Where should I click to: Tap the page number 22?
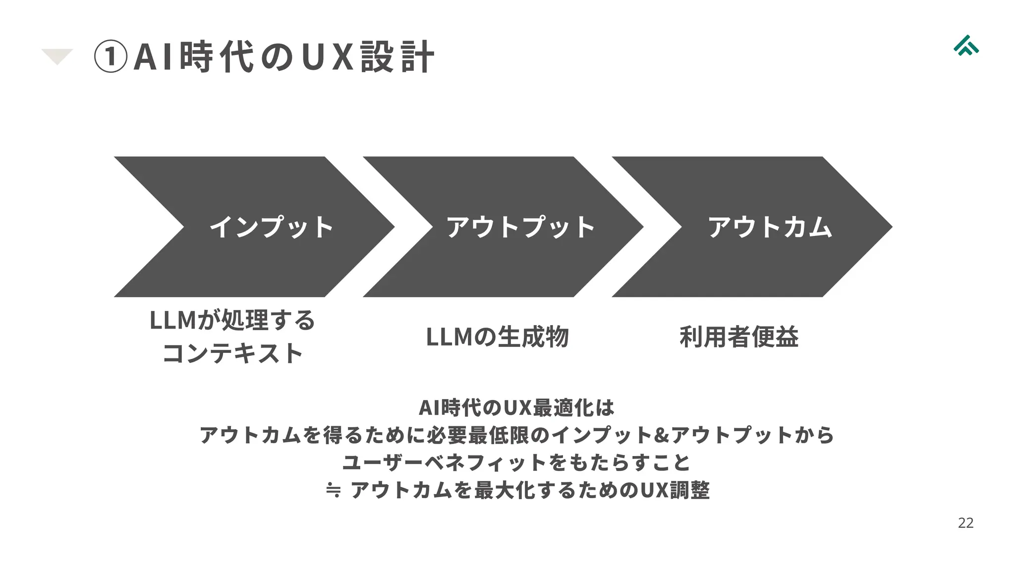pyautogui.click(x=965, y=523)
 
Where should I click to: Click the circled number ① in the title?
pyautogui.click(x=110, y=57)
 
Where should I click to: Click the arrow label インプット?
pyautogui.click(x=271, y=227)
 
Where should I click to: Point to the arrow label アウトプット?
pyautogui.click(x=520, y=227)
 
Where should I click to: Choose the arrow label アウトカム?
pyautogui.click(x=770, y=227)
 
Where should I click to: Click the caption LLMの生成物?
pyautogui.click(x=497, y=337)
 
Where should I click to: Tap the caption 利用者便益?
pyautogui.click(x=739, y=337)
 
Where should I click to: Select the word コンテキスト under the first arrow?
pyautogui.click(x=232, y=353)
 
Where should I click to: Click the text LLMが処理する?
pyautogui.click(x=232, y=320)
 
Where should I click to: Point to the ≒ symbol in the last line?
pyautogui.click(x=334, y=490)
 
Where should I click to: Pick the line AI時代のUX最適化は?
pyautogui.click(x=516, y=408)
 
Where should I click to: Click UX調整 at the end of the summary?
pyautogui.click(x=675, y=490)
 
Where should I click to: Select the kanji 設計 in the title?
pyautogui.click(x=397, y=57)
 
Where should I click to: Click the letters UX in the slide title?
pyautogui.click(x=327, y=57)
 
